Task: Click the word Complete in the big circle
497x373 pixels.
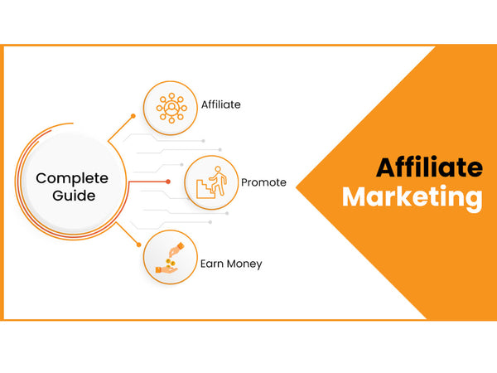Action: [x=72, y=179]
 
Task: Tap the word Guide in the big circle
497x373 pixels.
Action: [x=74, y=196]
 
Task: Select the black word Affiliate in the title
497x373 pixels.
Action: [x=429, y=167]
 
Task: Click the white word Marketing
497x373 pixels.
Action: [x=413, y=197]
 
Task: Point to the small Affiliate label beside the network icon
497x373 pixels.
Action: [x=221, y=104]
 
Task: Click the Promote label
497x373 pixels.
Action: [x=263, y=182]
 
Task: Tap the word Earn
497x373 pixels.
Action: [x=212, y=264]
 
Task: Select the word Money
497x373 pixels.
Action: [x=244, y=264]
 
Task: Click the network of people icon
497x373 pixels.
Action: [x=171, y=108]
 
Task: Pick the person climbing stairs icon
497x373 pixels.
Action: [x=211, y=182]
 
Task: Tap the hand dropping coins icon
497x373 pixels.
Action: [x=170, y=258]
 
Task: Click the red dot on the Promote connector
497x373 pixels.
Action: [x=168, y=182]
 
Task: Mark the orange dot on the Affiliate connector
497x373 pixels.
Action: [x=133, y=116]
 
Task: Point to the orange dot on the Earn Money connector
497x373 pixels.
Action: [x=139, y=245]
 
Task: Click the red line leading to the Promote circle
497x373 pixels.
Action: [x=148, y=182]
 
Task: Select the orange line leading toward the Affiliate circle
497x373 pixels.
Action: [x=121, y=128]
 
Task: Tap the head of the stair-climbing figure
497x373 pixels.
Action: [x=218, y=169]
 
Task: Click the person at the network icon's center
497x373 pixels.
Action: [x=171, y=108]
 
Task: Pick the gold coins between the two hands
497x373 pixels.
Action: [x=171, y=262]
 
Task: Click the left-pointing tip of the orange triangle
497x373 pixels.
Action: [x=296, y=187]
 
